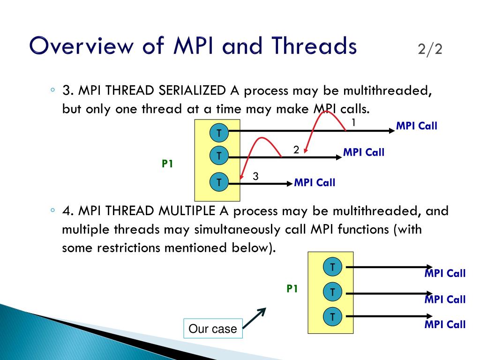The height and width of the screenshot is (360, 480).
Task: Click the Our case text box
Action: (x=213, y=329)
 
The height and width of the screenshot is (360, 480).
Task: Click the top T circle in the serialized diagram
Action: (x=218, y=133)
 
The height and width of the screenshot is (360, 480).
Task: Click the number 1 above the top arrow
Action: (x=354, y=123)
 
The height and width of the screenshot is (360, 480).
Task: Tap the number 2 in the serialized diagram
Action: (x=296, y=150)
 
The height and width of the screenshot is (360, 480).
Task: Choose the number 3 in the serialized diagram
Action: (x=255, y=176)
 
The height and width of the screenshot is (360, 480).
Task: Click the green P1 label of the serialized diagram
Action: (x=167, y=164)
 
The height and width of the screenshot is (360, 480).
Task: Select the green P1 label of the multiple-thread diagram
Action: (x=292, y=289)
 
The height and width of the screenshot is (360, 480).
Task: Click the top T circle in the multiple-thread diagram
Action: (x=332, y=267)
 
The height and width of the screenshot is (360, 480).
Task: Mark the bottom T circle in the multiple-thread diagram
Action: (x=332, y=317)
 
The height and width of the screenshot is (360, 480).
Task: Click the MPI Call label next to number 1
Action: (x=416, y=126)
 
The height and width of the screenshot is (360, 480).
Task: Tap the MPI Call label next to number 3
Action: (x=315, y=183)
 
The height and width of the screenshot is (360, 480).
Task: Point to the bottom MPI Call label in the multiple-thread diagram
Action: (x=445, y=324)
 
